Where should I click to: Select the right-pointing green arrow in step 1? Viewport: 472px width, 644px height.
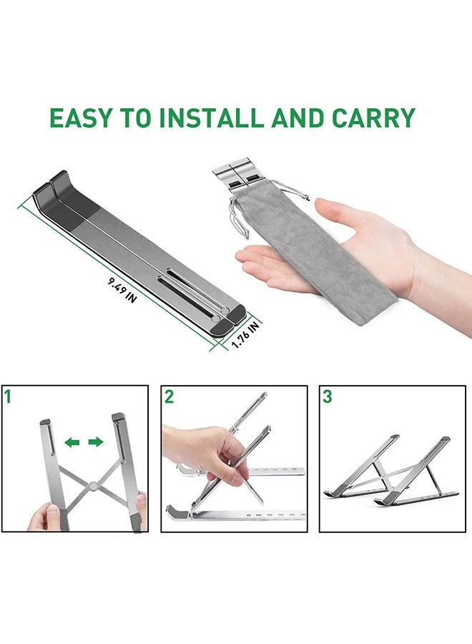(95, 442)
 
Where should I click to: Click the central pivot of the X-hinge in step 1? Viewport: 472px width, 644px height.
(93, 489)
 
